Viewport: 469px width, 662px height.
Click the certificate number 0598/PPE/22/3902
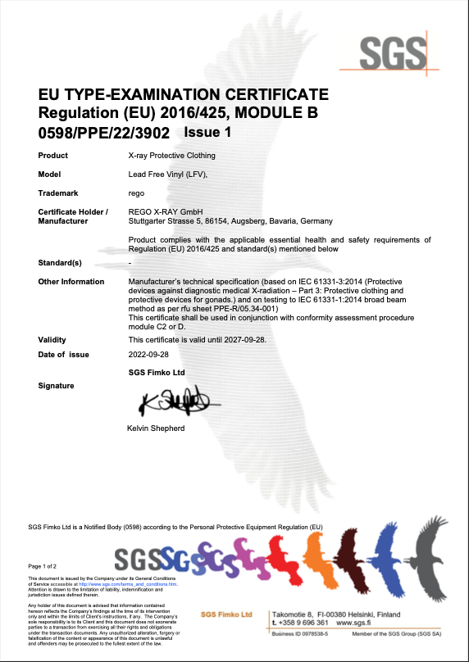click(x=104, y=131)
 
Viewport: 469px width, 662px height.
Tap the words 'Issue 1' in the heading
click(x=208, y=131)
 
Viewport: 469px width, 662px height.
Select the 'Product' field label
click(x=53, y=155)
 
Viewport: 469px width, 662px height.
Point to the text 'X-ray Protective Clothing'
click(x=172, y=155)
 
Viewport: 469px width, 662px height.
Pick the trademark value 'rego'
click(x=136, y=193)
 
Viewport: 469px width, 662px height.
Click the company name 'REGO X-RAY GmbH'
click(x=166, y=212)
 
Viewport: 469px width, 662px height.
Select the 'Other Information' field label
click(x=71, y=281)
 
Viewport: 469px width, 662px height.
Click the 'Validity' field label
click(x=52, y=339)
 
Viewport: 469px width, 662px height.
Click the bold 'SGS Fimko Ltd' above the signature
click(x=157, y=372)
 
